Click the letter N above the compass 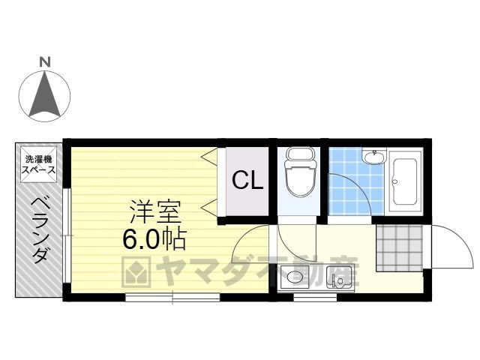45,62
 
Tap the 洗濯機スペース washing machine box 38,165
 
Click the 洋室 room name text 155,211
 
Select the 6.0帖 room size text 154,238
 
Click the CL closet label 247,181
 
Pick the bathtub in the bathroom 405,181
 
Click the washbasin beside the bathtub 373,157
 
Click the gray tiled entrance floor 400,248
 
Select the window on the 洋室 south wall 172,297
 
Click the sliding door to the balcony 67,235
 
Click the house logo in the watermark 136,272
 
